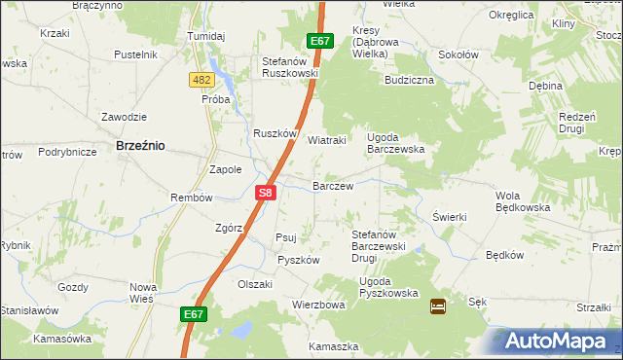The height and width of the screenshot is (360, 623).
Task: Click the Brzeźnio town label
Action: point(140,144)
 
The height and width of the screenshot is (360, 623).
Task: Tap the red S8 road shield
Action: point(267,194)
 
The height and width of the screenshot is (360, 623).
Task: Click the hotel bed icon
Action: point(438,306)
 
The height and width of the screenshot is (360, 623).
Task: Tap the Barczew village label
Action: point(332,185)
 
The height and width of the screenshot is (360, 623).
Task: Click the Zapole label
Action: point(226,168)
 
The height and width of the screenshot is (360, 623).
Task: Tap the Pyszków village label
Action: point(298,260)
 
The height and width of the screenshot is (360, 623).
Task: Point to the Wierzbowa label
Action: point(319,305)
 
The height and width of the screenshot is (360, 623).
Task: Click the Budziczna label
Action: point(409,80)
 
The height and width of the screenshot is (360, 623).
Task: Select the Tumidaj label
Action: point(205,36)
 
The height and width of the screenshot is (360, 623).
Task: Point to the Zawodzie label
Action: point(124,117)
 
